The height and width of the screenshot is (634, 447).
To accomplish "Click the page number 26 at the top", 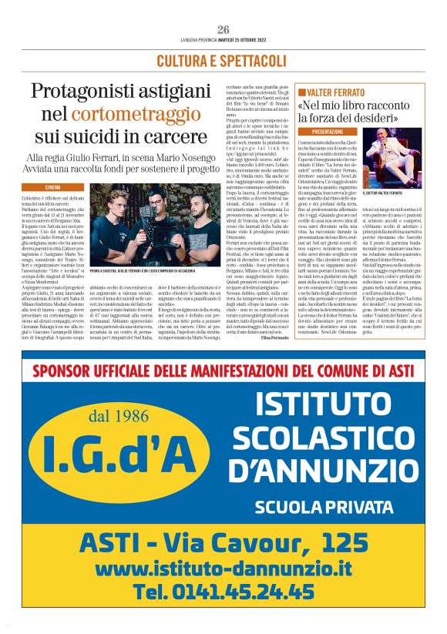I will coord(223,29).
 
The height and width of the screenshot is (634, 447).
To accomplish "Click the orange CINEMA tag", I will coord(53,187).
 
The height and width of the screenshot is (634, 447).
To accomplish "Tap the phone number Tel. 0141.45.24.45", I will coord(223,594).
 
